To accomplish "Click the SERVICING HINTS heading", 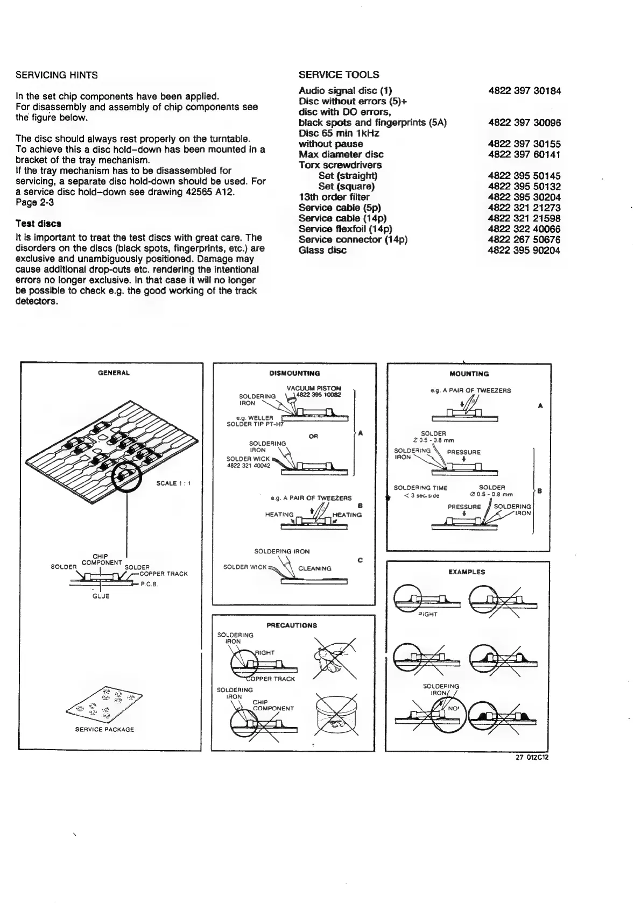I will coord(57,74).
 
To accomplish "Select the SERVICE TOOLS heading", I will coord(339,75).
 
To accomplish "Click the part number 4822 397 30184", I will coord(524,91).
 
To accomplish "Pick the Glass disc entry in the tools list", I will coord(322,250).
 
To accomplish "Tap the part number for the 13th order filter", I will coord(524,197).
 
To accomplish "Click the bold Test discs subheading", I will coord(38,223).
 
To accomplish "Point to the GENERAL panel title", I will coord(114,373).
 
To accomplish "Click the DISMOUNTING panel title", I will coord(294,373).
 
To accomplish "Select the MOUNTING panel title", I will coord(469,374).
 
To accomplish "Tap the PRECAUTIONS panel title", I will coord(292,625).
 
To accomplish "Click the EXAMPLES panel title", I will coord(467,572).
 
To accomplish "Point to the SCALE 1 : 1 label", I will coord(174,483).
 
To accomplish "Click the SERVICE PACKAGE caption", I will coord(104,730).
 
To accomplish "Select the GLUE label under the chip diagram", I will coord(101,596).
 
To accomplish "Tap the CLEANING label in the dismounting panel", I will coord(314,568).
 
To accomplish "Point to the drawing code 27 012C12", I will coord(532,757).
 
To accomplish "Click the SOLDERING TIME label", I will coord(420,488).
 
